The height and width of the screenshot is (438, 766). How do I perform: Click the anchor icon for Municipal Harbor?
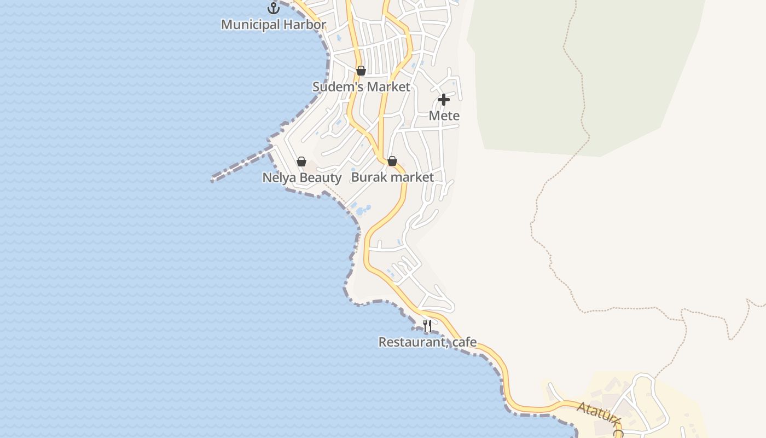[273, 8]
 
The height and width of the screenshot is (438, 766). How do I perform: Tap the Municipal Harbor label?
[274, 25]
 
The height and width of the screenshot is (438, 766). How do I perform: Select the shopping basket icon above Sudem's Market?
[361, 71]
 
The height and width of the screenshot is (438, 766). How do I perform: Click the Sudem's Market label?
[361, 87]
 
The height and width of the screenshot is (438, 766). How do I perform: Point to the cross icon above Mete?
[444, 100]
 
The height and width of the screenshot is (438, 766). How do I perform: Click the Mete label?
[444, 116]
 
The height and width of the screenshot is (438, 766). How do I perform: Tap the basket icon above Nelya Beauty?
[301, 162]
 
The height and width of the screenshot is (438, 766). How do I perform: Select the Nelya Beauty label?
[301, 177]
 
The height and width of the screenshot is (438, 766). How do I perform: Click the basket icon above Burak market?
[392, 161]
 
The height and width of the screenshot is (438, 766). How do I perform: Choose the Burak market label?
[392, 177]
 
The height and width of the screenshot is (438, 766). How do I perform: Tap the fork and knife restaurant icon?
[427, 326]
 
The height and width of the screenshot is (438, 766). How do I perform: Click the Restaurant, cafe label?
[427, 342]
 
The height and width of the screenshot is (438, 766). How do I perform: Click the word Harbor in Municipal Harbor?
[306, 25]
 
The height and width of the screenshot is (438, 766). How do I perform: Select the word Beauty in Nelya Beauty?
[321, 177]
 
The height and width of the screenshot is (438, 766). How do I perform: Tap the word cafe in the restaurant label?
[464, 342]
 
